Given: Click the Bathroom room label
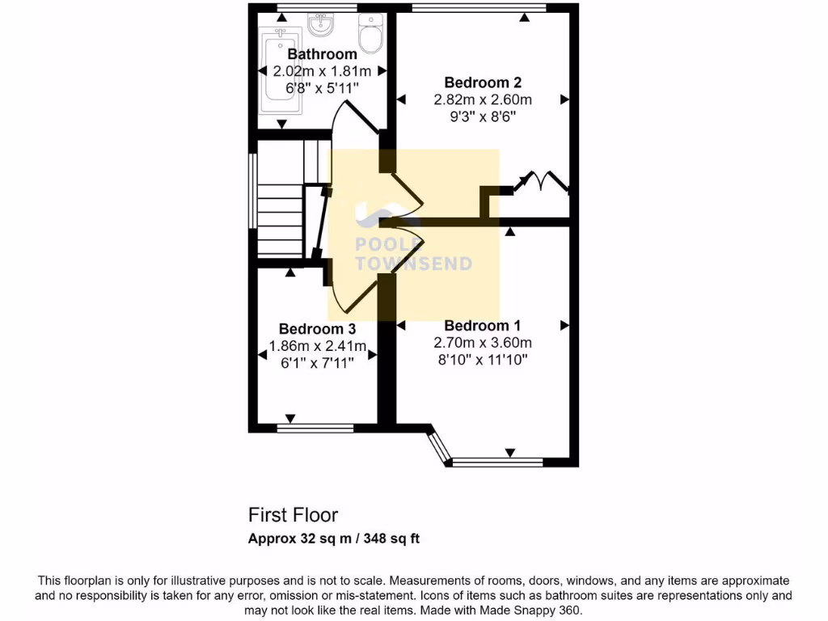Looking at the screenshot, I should pyautogui.click(x=322, y=54).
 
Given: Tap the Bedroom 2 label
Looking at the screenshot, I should pyautogui.click(x=483, y=82).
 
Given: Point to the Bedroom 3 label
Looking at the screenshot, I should pyautogui.click(x=317, y=329).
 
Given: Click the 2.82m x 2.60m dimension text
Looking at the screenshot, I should pyautogui.click(x=483, y=100).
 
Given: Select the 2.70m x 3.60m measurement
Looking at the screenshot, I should pyautogui.click(x=483, y=342).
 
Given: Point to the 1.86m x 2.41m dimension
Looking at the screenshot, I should pyautogui.click(x=317, y=347).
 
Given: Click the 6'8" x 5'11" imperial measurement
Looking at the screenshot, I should pyautogui.click(x=322, y=87).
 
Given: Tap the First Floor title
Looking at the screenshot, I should pyautogui.click(x=293, y=514).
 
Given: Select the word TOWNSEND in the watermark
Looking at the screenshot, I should pyautogui.click(x=414, y=264).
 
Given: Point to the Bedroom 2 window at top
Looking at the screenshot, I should pyautogui.click(x=477, y=9).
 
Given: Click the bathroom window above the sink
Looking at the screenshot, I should pyautogui.click(x=316, y=9).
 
